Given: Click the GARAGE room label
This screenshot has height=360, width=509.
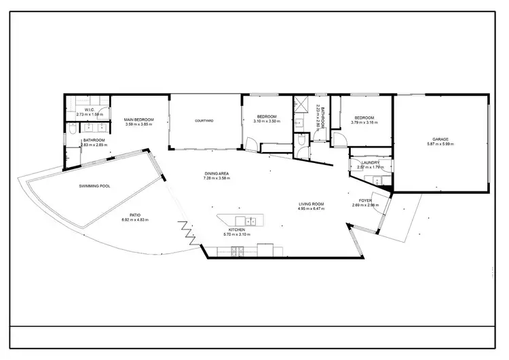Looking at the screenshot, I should [441, 139].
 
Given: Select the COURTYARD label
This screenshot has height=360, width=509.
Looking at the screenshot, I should [204, 121].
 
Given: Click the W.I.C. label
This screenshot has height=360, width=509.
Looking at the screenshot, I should [89, 110].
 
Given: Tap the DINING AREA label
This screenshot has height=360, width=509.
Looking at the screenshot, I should [216, 174].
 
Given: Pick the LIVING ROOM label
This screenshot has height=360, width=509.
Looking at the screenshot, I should [312, 204].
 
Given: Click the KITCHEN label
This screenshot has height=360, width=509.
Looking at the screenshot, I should [236, 230].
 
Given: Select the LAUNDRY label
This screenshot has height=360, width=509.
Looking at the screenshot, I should [370, 163].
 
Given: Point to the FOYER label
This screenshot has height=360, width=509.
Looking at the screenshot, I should [364, 200].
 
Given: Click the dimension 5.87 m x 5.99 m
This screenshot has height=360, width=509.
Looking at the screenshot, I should [441, 144].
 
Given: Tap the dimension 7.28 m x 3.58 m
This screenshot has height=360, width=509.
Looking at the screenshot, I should [216, 179].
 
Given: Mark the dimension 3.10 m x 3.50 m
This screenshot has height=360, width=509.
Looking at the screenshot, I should [266, 122].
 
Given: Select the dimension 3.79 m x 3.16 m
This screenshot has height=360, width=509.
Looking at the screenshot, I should [364, 122].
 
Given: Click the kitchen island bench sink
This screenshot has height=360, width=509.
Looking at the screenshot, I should [250, 220].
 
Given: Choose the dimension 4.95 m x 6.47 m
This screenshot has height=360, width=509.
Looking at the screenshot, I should [312, 209].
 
